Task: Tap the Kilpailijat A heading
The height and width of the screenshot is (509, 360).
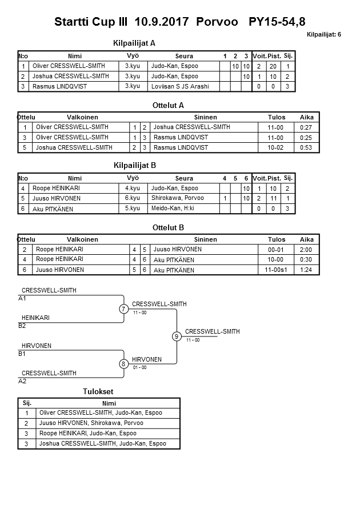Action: point(135,43)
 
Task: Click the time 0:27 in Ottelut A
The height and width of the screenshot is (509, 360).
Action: point(306,127)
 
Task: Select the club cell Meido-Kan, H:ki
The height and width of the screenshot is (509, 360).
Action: point(173,209)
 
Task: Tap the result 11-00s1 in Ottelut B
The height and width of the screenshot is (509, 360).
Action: point(277,270)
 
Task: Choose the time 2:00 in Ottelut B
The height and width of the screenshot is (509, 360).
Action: point(306,250)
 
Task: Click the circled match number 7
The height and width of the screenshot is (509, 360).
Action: point(123,309)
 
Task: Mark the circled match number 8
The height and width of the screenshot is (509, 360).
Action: point(123,364)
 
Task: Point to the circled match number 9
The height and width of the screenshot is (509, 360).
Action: point(177,336)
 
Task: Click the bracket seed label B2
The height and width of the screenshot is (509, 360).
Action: point(22,326)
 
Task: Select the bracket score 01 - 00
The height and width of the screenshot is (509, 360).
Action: point(139,367)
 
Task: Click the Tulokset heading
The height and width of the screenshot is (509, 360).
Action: point(98,391)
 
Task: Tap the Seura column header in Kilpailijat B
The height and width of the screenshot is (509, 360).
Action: point(184,178)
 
